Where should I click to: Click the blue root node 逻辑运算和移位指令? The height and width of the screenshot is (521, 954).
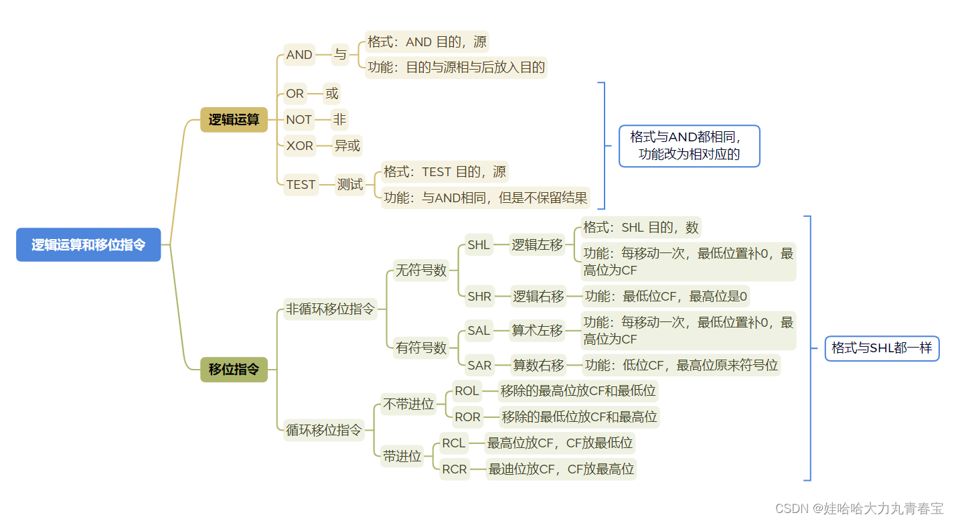pos(88,244)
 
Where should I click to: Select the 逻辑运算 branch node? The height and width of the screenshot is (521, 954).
pos(234,120)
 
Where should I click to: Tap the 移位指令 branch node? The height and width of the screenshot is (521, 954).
pos(234,369)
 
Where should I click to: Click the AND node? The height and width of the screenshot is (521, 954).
pos(299,55)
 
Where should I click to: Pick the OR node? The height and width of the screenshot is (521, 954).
pos(295,94)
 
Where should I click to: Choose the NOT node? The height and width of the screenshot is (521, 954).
pos(299,119)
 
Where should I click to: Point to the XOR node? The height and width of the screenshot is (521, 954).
pos(299,145)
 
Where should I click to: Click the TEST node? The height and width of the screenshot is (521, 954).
pos(301,184)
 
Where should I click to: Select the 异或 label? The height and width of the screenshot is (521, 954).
pos(347,145)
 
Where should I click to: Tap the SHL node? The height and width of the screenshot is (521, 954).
pos(479,245)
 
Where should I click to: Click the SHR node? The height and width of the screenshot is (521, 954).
pos(479,296)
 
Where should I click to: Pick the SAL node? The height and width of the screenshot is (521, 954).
pos(479,330)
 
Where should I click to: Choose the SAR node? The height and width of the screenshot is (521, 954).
pos(479,365)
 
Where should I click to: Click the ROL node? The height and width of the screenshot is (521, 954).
pos(466,390)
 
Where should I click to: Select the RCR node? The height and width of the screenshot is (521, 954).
pos(454,469)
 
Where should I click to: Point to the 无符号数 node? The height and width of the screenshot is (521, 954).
pos(420,271)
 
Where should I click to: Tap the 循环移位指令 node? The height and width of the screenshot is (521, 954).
pos(324,430)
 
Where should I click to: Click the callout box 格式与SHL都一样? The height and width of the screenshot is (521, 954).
pos(882,348)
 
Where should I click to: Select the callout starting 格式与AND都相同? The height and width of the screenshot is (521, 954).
pos(689,146)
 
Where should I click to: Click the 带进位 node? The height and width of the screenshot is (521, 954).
pos(402,456)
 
